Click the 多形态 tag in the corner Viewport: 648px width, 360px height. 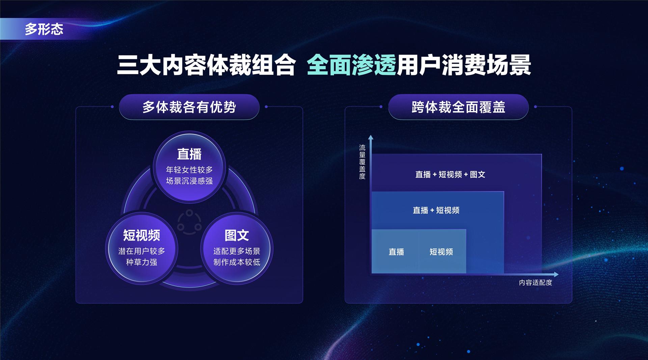tap(44, 29)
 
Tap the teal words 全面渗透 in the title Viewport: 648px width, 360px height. tap(351, 65)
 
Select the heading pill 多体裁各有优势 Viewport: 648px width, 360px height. tap(189, 107)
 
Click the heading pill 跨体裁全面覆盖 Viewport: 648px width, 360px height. tap(458, 107)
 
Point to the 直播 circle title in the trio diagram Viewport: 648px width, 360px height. tap(189, 154)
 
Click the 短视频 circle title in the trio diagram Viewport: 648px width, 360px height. tap(141, 235)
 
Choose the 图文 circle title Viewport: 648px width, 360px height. tap(237, 235)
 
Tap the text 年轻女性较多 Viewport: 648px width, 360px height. tap(189, 170)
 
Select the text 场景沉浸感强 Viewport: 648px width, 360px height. tap(189, 181)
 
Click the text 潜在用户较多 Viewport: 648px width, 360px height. tap(141, 251)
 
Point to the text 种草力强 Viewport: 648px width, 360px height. tap(141, 262)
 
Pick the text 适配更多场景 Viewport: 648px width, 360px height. tap(237, 251)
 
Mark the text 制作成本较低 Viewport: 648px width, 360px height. tap(237, 262)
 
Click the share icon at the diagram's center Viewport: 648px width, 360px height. tap(189, 222)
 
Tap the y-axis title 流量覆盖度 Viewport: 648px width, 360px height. tap(362, 162)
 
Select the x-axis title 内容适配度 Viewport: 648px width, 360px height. tap(535, 282)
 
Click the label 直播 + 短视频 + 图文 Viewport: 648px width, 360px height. tap(450, 174)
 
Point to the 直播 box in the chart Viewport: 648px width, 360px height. tap(396, 252)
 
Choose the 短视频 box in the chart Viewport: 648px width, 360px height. tap(441, 252)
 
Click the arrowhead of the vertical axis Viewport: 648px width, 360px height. tap(371, 137)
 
